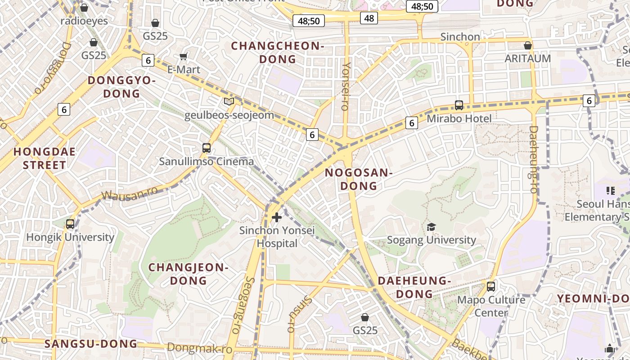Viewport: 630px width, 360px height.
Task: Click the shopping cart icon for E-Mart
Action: point(183,57)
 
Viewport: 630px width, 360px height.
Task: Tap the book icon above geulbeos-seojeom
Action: point(229,102)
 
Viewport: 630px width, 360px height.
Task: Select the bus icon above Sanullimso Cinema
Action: point(207,148)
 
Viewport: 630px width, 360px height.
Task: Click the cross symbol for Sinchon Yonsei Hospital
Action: point(277,218)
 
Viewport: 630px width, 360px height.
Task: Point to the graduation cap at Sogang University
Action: point(431,227)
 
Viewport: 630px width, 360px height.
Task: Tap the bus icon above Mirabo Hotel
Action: point(459,105)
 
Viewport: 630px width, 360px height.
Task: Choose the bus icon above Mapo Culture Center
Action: point(491,286)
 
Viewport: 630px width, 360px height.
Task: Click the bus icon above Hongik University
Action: point(70,224)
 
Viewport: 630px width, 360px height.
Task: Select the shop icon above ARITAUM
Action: point(528,45)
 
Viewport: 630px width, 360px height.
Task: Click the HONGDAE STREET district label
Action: point(45,158)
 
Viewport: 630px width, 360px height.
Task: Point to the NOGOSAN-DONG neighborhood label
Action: point(359,179)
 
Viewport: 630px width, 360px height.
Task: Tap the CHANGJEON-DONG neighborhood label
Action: point(189,274)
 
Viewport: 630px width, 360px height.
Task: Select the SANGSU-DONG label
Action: point(91,344)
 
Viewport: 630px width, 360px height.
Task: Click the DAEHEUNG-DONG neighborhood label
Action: point(414,287)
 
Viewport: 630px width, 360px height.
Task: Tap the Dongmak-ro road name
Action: point(199,348)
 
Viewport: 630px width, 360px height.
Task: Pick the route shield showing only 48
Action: point(369,18)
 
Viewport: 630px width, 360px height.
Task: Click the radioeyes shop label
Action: point(84,21)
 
